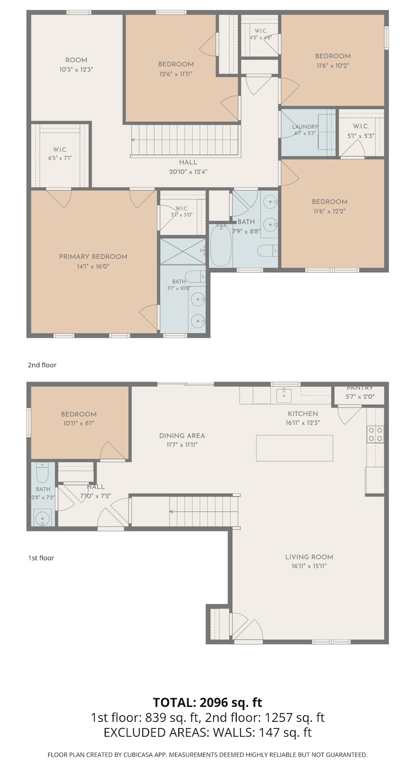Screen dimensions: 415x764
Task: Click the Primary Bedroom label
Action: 93,257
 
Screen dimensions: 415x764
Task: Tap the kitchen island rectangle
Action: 295,448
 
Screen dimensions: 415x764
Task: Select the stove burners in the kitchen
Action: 375,434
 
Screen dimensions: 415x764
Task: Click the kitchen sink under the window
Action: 283,395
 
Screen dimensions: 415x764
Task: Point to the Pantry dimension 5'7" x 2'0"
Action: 360,397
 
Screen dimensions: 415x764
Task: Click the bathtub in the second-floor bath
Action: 221,245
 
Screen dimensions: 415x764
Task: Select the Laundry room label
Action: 305,127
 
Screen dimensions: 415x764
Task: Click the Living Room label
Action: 309,557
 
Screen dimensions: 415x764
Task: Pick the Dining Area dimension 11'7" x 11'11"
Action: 182,445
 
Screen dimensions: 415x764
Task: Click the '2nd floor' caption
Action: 42,365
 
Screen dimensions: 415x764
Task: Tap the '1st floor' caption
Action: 41,558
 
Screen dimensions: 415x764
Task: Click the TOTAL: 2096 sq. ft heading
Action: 207,702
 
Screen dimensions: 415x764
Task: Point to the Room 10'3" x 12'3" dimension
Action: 76,69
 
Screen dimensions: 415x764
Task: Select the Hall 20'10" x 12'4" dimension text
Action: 189,172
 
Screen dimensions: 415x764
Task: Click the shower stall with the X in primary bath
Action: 183,251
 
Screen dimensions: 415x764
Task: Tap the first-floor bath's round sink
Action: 43,518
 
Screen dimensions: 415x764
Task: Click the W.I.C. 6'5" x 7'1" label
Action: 60,154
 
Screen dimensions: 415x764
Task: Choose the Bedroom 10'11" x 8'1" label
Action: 79,419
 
